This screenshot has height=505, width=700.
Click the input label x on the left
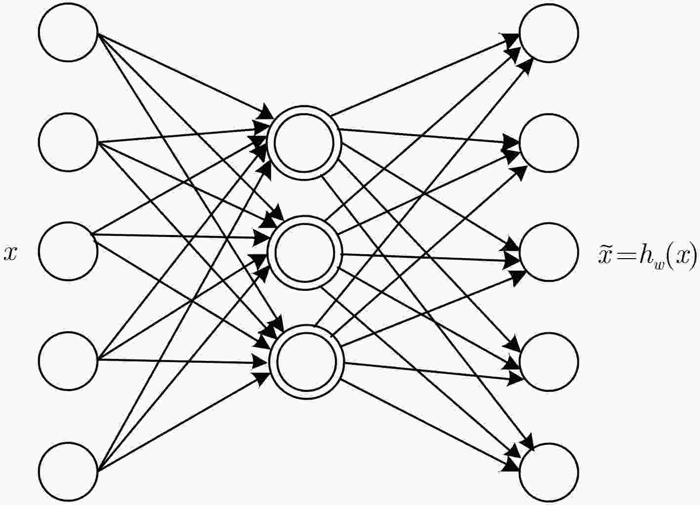[x=10, y=254]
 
